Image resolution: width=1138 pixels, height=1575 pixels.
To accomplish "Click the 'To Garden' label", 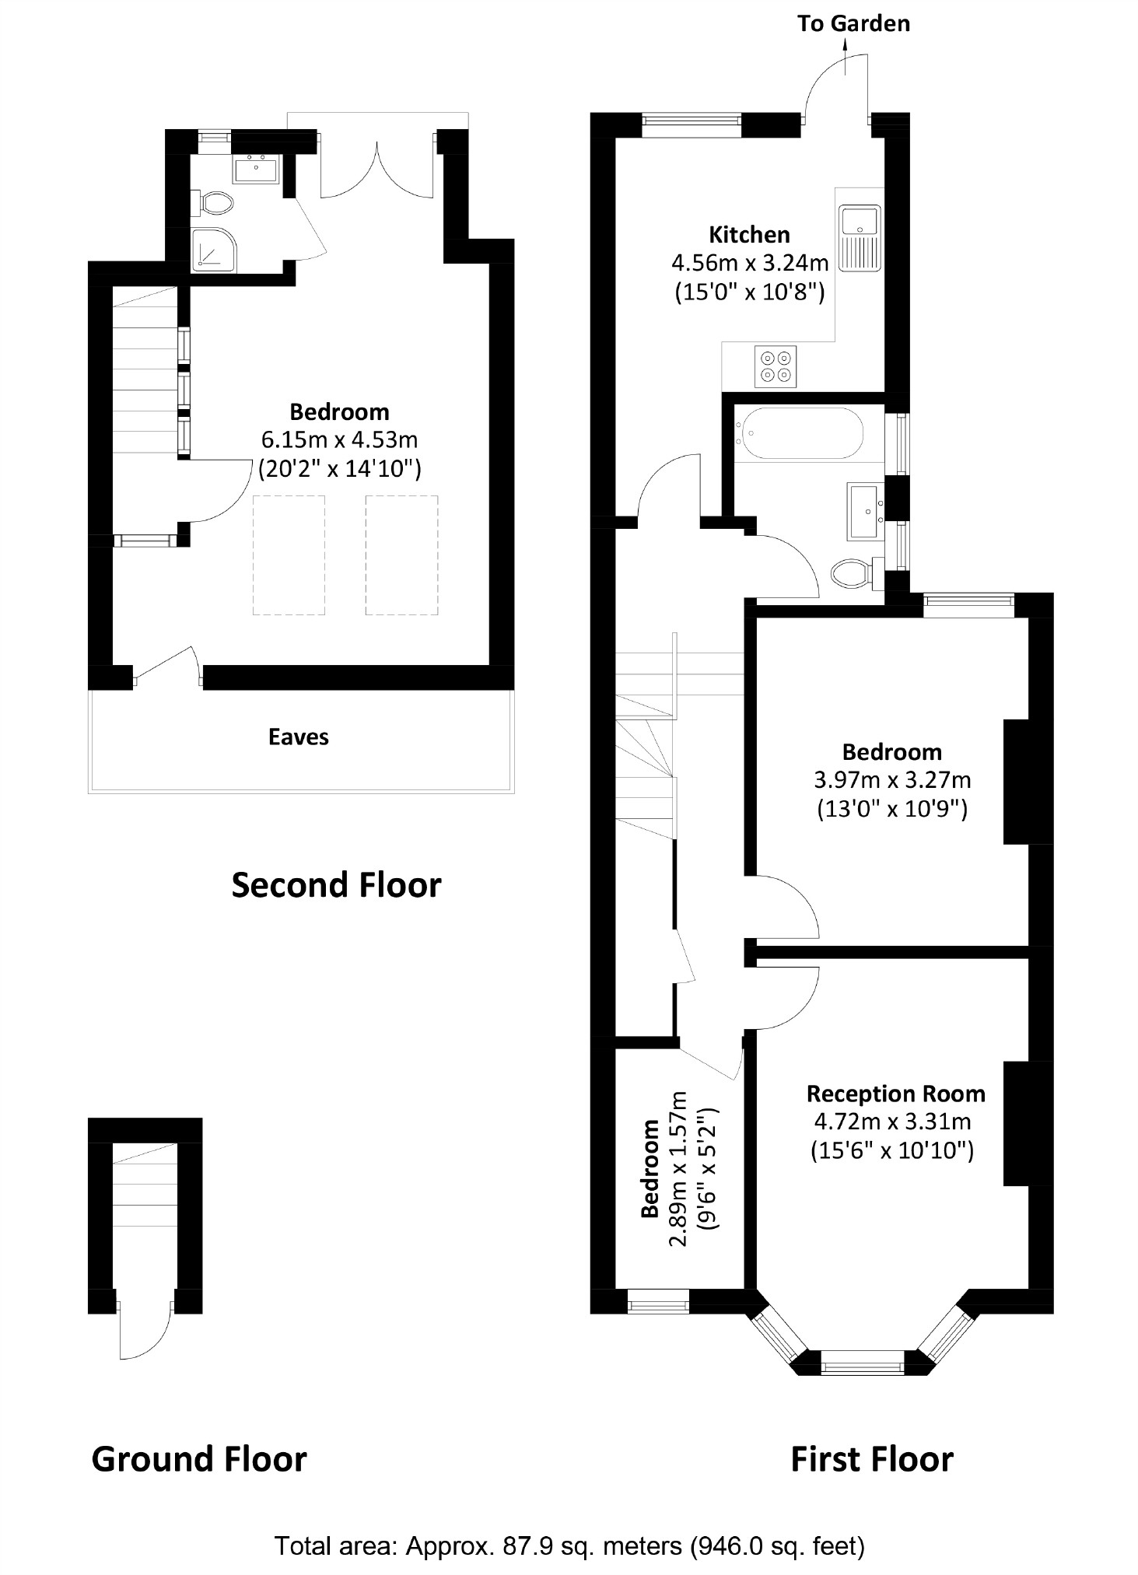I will coord(853,23).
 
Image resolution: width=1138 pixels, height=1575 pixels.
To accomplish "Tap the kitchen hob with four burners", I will coord(776,366).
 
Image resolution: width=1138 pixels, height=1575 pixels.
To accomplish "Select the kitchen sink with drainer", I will coord(860,238).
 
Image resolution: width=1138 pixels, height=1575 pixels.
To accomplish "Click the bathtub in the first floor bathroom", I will coord(802,434).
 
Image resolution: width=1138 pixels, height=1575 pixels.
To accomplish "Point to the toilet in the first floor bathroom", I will coord(853,574).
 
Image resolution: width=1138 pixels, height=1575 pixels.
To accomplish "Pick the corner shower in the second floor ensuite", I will coord(213,248).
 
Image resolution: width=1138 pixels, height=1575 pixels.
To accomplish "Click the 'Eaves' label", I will coord(299,737).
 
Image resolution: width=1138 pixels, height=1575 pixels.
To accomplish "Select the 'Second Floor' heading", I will coord(336,885).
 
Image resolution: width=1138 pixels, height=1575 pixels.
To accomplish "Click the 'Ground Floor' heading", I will coord(199,1460).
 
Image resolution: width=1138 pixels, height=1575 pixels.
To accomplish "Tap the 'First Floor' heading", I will coord(871,1460).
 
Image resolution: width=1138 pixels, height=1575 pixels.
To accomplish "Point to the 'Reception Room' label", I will coord(895,1094).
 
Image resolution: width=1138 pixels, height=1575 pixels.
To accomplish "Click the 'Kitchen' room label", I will coord(749,234).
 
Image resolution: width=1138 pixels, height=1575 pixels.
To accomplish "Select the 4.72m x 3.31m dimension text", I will coord(892,1122).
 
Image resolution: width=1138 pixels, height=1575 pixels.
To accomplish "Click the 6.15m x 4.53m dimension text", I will coord(339,440).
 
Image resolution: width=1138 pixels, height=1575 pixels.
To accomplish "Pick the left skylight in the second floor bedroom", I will coord(289,555).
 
